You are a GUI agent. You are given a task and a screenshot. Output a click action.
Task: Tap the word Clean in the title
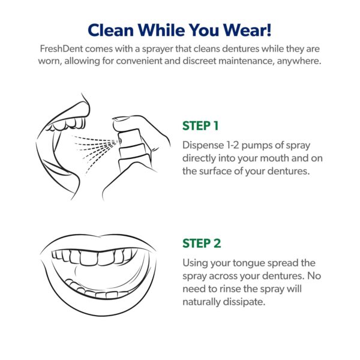click(x=110, y=30)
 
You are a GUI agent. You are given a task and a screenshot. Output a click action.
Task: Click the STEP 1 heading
click(x=200, y=126)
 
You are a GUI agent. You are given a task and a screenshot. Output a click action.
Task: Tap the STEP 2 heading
click(x=202, y=244)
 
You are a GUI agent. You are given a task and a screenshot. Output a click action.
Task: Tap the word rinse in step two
click(x=229, y=289)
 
